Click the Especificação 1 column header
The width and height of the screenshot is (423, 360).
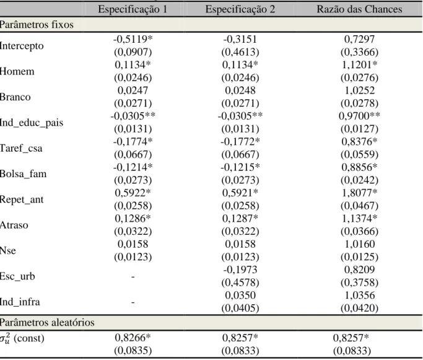(133, 9)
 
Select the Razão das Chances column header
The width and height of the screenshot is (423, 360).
(359, 9)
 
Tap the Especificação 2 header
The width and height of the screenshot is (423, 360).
(240, 9)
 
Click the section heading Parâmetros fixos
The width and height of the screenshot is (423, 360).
(37, 25)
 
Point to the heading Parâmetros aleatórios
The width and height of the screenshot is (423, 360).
(47, 322)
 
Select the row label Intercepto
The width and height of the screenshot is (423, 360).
(22, 46)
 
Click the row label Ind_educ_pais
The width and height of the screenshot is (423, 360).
(32, 123)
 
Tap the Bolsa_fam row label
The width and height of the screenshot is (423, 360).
(23, 173)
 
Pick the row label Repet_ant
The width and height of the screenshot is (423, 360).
(22, 200)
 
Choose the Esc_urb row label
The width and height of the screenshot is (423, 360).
(17, 276)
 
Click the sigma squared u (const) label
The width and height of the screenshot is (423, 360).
(22, 338)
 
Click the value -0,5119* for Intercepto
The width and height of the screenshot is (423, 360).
(133, 40)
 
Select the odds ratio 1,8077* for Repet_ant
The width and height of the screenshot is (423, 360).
(360, 193)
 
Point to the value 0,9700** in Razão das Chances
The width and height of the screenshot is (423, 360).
(360, 116)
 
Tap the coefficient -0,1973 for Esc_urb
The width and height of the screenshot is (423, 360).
(240, 270)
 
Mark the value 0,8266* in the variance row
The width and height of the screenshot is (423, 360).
(133, 338)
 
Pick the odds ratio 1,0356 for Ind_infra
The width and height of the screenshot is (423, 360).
(360, 296)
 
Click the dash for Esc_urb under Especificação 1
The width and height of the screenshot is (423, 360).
(133, 276)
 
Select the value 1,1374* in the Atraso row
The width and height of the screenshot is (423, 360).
(360, 219)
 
